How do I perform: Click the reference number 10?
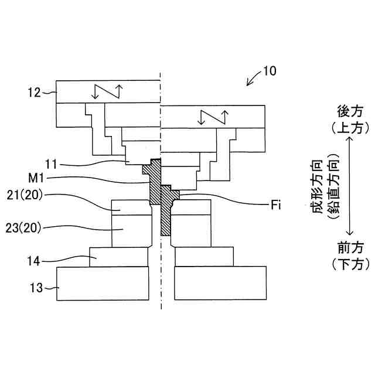[x=270, y=71]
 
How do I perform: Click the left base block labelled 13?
[x=103, y=284]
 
